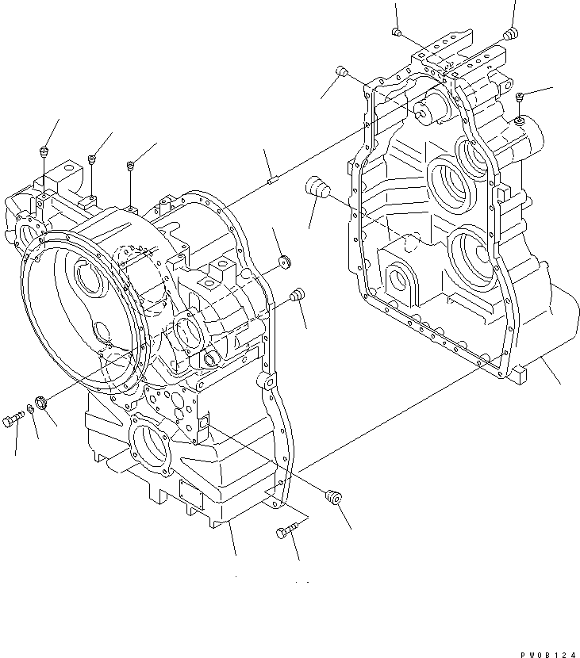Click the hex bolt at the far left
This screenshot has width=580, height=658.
click(16, 419)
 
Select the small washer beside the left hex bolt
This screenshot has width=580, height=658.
click(30, 409)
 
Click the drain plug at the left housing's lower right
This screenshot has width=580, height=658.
click(334, 497)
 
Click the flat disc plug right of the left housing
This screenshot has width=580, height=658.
click(284, 262)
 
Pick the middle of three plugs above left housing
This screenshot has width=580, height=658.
click(93, 160)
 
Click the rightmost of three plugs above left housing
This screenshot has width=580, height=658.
click(130, 166)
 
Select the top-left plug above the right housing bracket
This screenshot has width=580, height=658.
click(397, 32)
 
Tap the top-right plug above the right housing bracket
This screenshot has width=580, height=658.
click(510, 33)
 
